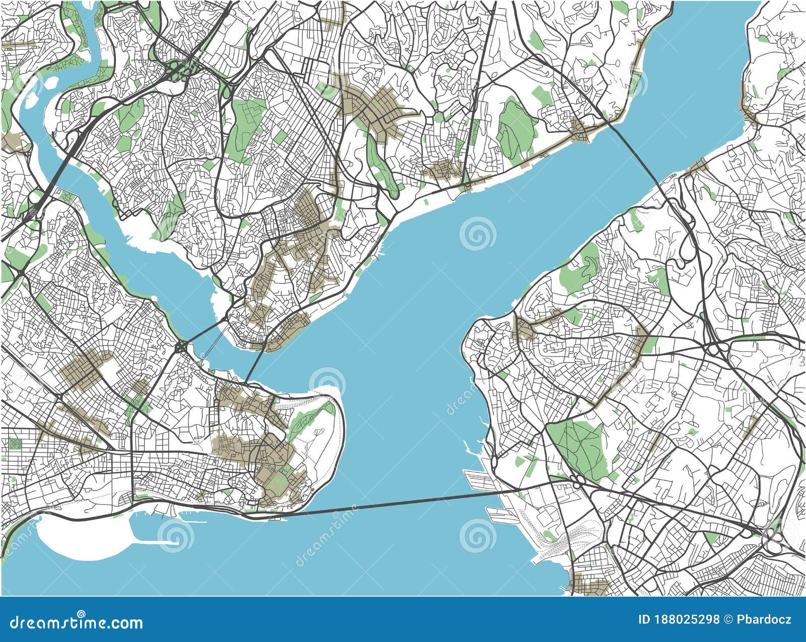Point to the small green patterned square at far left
(x=14, y=444)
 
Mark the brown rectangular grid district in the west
(x=86, y=370)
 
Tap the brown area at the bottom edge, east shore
(x=592, y=587)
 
